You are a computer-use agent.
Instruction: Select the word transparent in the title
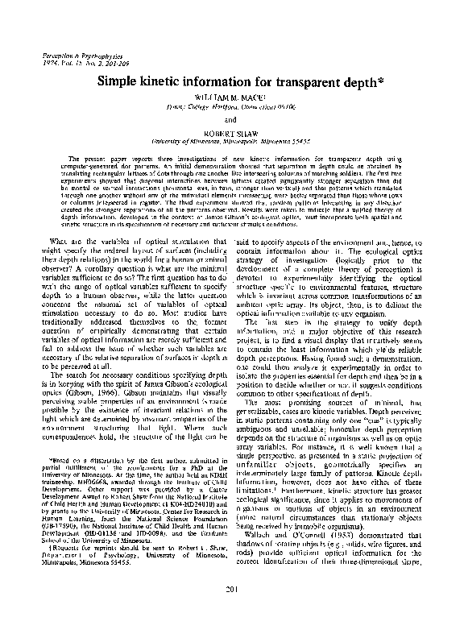pyautogui.click(x=303, y=81)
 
